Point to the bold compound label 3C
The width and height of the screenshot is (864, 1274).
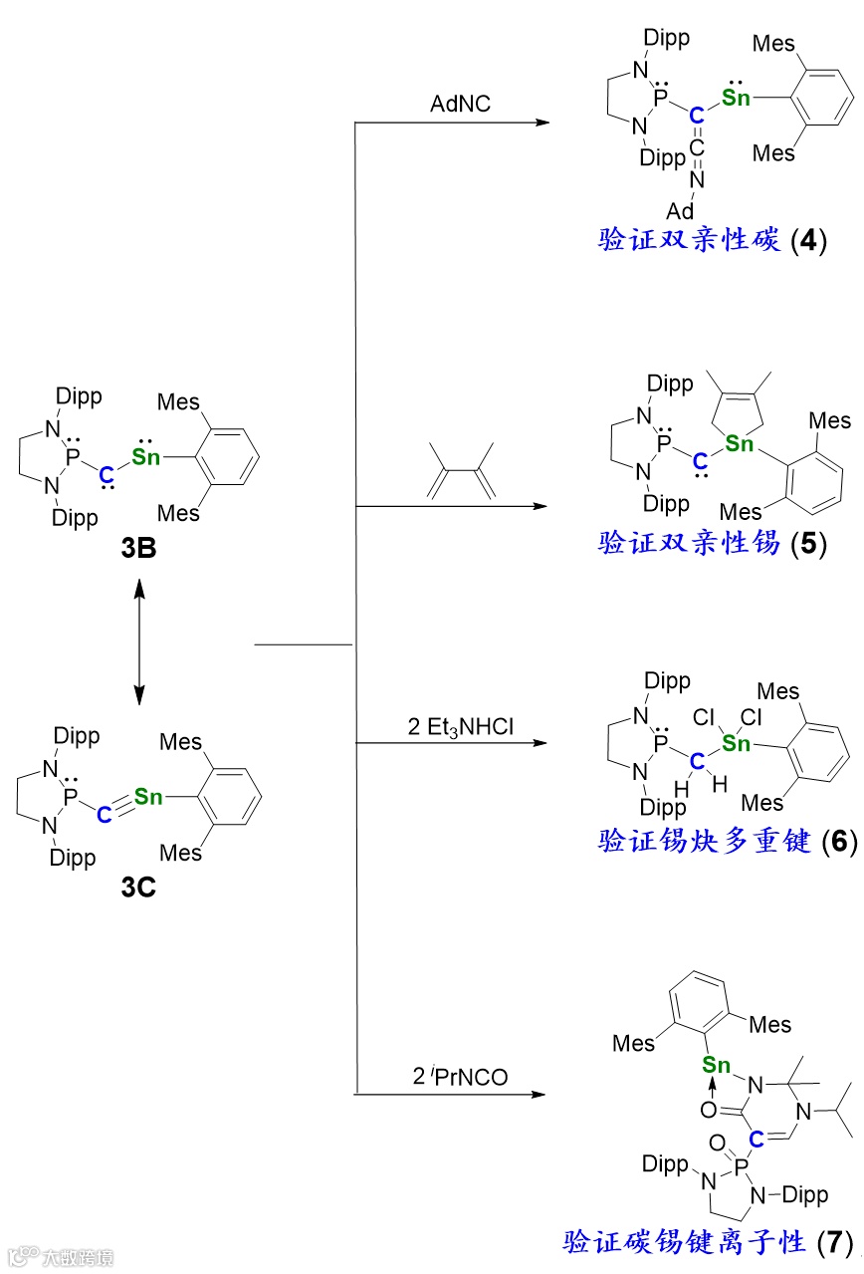(137, 888)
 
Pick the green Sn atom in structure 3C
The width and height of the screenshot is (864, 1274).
(147, 796)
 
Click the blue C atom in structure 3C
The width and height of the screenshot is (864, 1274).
(105, 814)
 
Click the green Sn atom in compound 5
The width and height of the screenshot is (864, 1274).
(739, 443)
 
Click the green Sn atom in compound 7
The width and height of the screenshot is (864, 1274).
(716, 1065)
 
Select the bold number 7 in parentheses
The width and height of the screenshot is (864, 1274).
(833, 1242)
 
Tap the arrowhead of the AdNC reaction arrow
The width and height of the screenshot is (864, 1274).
(542, 124)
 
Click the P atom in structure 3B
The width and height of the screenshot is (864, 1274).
(72, 460)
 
